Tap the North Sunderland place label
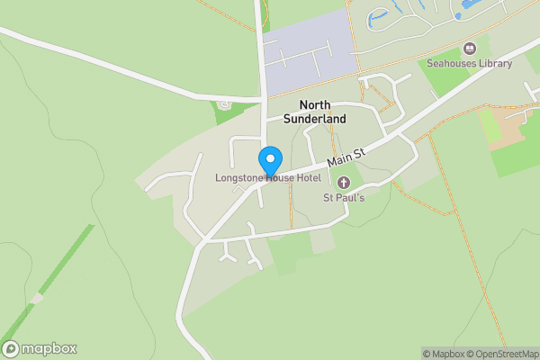[315, 112]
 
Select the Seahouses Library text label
[469, 63]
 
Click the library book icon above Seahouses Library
[469, 48]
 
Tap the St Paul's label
[343, 198]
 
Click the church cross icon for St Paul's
[343, 183]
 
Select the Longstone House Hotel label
[268, 178]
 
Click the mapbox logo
[40, 348]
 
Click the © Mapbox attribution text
[445, 354]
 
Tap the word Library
[493, 63]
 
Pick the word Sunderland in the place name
[315, 119]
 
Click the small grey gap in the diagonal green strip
[37, 298]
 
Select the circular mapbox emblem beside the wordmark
[12, 348]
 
